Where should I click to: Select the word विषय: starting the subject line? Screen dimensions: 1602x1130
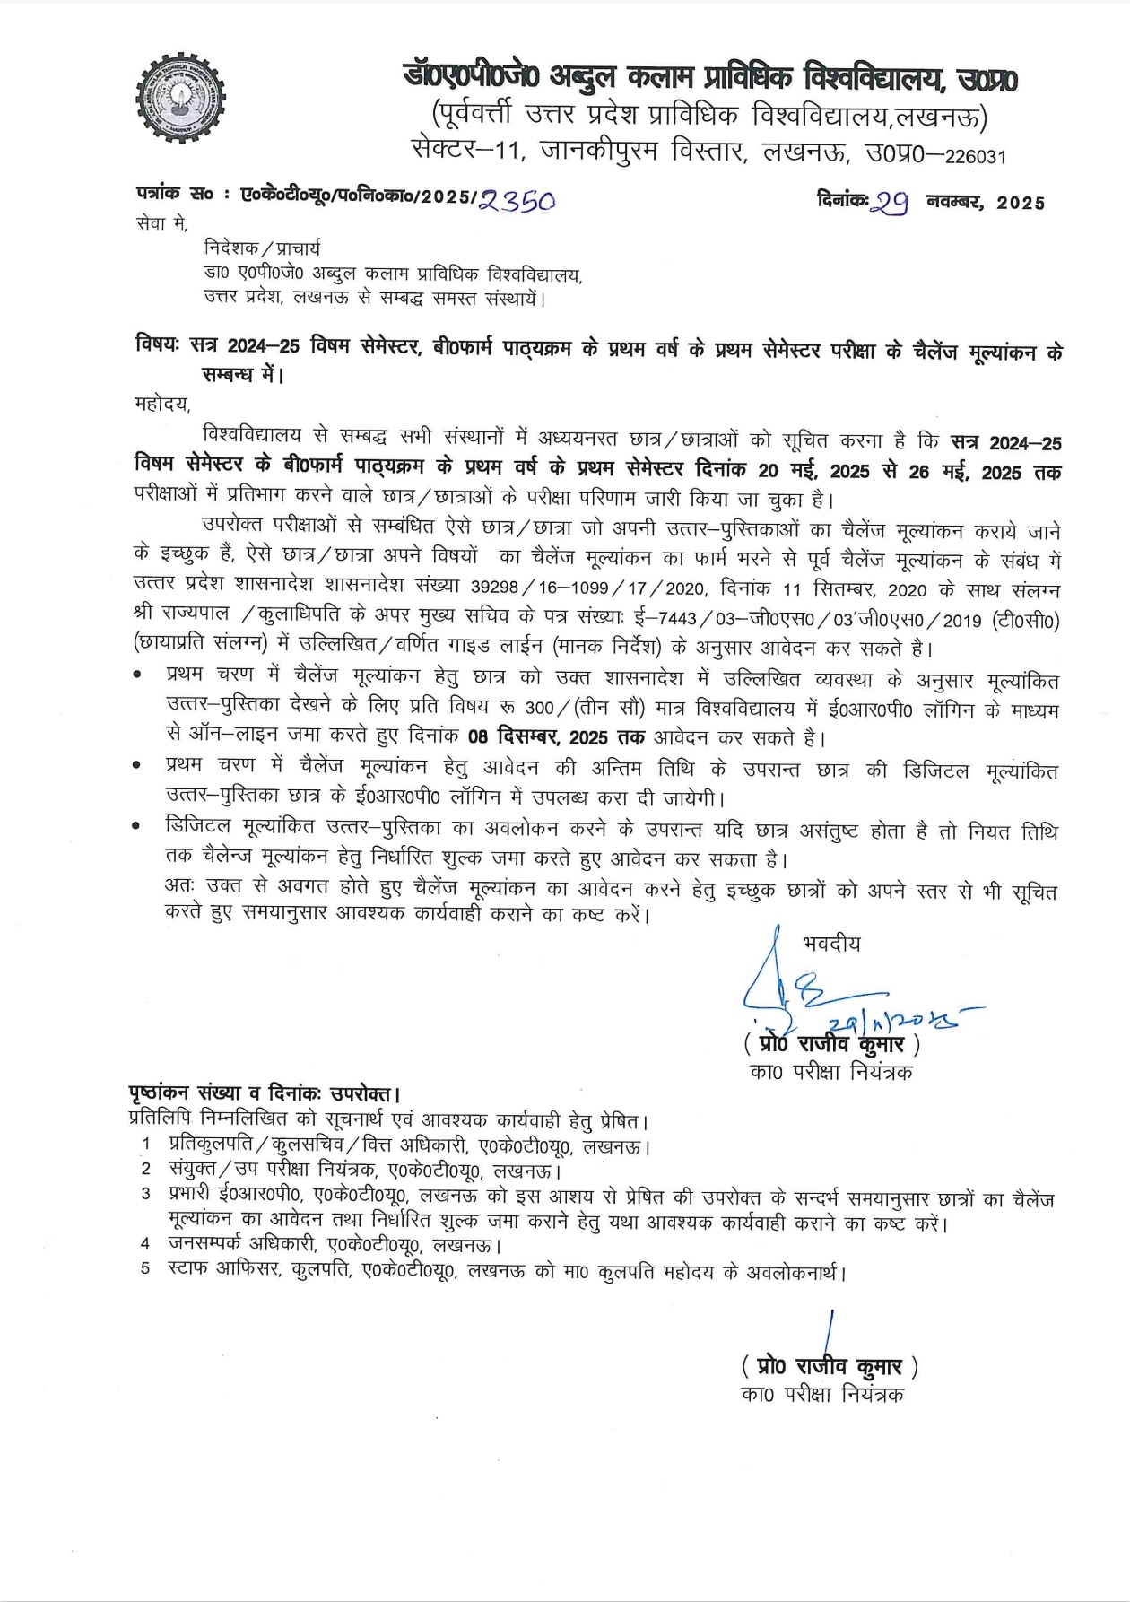[x=158, y=345]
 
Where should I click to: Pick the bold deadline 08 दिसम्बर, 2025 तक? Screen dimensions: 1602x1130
[x=563, y=738]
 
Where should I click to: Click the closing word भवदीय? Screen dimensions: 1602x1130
[x=831, y=944]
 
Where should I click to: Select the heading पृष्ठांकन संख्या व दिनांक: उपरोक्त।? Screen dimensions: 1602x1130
[x=264, y=1093]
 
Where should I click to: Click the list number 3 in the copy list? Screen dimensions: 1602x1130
[x=145, y=1194]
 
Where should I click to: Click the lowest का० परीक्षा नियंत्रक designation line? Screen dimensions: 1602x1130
[x=822, y=1395]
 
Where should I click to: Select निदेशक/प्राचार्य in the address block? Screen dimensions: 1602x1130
[x=262, y=248]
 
